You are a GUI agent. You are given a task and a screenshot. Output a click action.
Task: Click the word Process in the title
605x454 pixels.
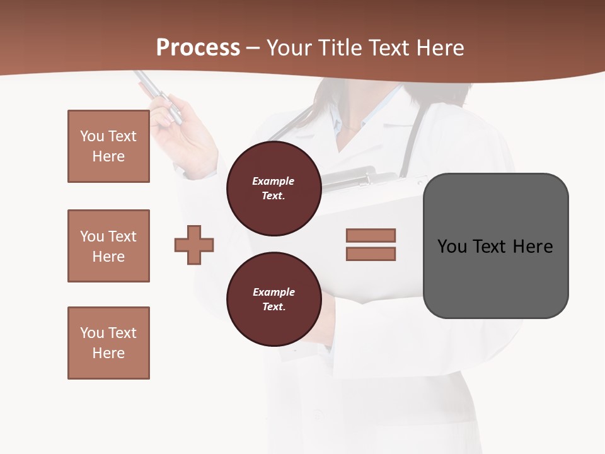(198, 48)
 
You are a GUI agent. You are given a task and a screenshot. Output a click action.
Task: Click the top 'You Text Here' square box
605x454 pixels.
(108, 146)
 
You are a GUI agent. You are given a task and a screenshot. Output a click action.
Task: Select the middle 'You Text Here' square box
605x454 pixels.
(108, 246)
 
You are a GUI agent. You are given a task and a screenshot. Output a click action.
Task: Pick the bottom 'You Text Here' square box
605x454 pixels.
(108, 343)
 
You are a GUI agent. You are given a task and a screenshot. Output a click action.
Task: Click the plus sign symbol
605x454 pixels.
(194, 245)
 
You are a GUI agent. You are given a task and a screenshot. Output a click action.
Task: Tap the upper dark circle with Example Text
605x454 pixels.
(274, 189)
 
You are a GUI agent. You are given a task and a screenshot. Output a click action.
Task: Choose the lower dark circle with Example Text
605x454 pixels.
(274, 300)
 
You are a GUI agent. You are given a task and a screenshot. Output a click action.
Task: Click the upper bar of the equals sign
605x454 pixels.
(371, 235)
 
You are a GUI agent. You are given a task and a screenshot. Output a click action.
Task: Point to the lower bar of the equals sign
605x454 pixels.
(371, 254)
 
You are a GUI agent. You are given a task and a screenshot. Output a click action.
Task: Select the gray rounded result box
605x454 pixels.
(495, 277)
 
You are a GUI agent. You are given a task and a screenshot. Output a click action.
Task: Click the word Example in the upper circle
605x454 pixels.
(274, 181)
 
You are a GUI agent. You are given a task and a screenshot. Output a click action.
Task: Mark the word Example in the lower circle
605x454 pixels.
(274, 292)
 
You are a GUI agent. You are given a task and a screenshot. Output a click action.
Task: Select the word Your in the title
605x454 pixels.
(287, 48)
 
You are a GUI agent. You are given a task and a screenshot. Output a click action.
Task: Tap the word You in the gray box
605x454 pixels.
(452, 247)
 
